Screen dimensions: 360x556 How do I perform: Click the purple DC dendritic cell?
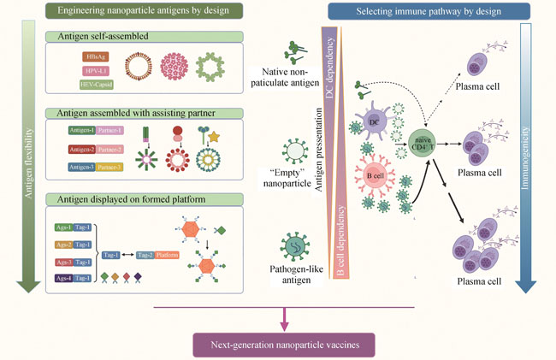374,123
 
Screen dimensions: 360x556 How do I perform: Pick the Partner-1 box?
109,130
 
